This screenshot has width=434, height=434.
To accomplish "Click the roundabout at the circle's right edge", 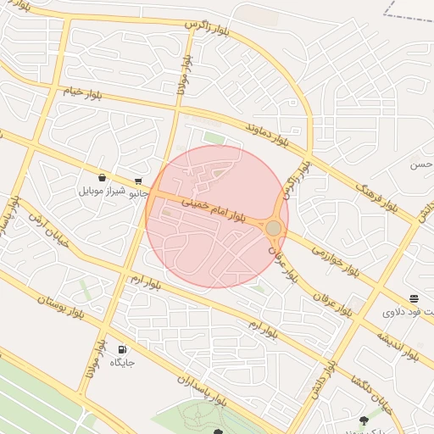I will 273,228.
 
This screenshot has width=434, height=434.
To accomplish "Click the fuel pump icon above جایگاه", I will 123,349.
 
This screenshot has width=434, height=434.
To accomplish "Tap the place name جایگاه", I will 123,363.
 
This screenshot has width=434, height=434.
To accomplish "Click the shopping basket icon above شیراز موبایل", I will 102,178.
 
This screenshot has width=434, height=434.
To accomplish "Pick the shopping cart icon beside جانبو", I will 138,181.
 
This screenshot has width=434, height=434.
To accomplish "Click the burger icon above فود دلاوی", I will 414,298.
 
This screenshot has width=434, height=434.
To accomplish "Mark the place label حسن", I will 421,164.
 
